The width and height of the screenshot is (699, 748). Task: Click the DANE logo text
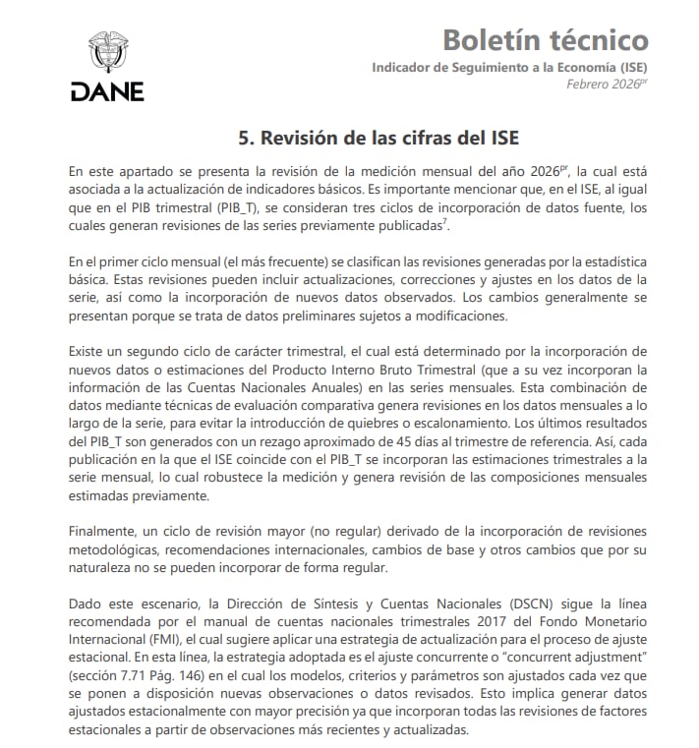pos(107,91)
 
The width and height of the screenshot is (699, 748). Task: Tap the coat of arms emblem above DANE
pos(107,51)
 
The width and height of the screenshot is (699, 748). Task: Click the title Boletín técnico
pos(545,39)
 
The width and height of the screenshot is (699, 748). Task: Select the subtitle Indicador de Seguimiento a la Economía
pos(509,67)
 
